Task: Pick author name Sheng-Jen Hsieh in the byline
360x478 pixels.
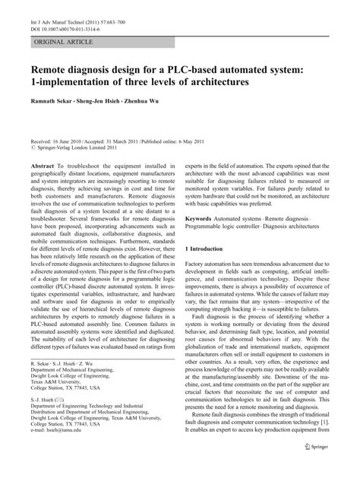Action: click(103, 99)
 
